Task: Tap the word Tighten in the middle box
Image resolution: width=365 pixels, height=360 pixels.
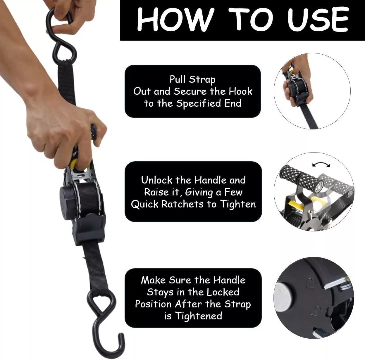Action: click(238, 204)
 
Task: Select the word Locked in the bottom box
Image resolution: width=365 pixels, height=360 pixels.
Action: click(223, 292)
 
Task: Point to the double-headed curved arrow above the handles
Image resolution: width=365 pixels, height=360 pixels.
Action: click(321, 165)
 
